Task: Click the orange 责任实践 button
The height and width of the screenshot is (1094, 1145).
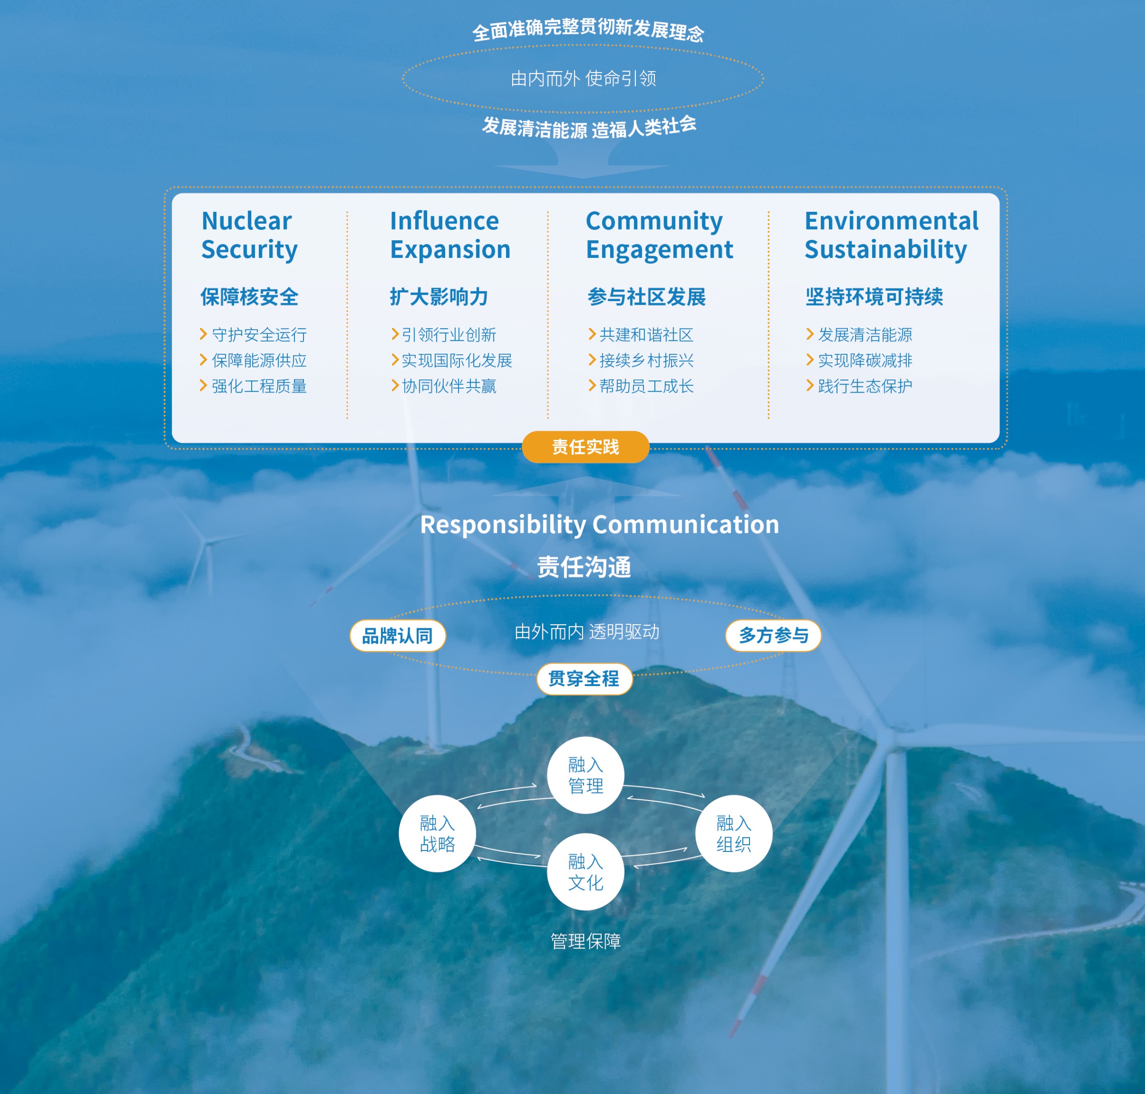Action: [x=585, y=447]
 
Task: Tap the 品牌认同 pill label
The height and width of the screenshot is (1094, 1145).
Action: [x=397, y=635]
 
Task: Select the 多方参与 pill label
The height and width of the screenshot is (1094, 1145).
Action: [x=773, y=635]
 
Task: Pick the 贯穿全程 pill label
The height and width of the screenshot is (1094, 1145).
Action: [x=584, y=678]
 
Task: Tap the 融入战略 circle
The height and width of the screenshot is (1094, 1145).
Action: [x=437, y=833]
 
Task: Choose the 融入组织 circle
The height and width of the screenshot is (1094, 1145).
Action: [x=734, y=833]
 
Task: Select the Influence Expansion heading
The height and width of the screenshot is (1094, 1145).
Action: [x=450, y=235]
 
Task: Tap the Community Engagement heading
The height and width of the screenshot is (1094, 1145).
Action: [x=659, y=235]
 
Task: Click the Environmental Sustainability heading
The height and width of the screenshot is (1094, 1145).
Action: [x=891, y=235]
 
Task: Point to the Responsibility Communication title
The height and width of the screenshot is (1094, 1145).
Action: [x=599, y=524]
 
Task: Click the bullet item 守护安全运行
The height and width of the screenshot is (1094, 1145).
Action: [x=259, y=335]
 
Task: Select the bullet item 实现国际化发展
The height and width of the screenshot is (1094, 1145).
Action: [x=457, y=361]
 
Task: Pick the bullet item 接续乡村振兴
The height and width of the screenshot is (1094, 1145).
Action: [x=646, y=361]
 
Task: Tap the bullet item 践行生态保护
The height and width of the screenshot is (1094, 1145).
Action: [x=865, y=386]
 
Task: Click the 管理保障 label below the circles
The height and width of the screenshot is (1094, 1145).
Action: [x=586, y=941]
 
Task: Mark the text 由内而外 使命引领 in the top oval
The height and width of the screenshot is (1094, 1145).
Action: [x=583, y=78]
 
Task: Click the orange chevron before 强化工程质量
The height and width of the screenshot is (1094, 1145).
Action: [x=203, y=385]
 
